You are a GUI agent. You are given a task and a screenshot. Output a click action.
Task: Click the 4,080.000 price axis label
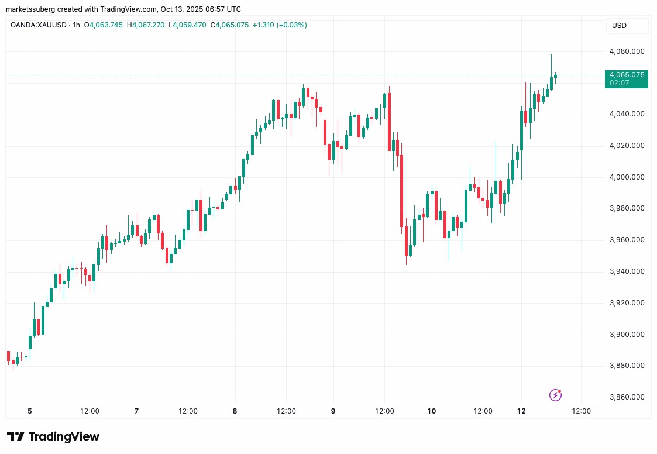[627, 51]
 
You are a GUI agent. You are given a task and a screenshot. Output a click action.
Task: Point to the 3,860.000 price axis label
[627, 397]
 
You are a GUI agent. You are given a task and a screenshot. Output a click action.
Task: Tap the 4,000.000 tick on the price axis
[627, 177]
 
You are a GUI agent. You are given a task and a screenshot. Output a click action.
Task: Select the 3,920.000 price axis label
[627, 302]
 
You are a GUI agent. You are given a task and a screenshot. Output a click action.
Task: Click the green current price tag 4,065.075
[627, 79]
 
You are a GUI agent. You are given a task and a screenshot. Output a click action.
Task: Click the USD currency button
[627, 26]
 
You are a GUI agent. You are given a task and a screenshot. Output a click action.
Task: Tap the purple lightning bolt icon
[555, 395]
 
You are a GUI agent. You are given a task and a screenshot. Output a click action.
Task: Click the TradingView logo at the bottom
[53, 437]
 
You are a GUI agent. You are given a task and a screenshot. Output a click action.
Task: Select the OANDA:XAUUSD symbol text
[39, 25]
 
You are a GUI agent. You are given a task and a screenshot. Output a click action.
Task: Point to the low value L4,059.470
[187, 25]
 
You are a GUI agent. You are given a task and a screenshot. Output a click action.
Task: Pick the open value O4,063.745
[104, 25]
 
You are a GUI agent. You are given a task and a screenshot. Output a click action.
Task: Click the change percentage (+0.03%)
[291, 25]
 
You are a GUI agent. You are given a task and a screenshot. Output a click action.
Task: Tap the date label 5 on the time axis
[30, 411]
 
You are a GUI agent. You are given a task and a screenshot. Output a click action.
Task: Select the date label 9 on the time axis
[333, 411]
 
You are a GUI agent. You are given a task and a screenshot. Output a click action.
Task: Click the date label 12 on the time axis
[521, 411]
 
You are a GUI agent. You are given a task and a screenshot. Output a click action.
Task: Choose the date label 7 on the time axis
[136, 411]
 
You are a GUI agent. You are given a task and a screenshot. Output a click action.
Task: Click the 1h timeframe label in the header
[76, 25]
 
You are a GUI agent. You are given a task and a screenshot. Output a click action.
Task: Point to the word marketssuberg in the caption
[30, 9]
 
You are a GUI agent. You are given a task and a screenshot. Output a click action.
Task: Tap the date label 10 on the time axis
[432, 411]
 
